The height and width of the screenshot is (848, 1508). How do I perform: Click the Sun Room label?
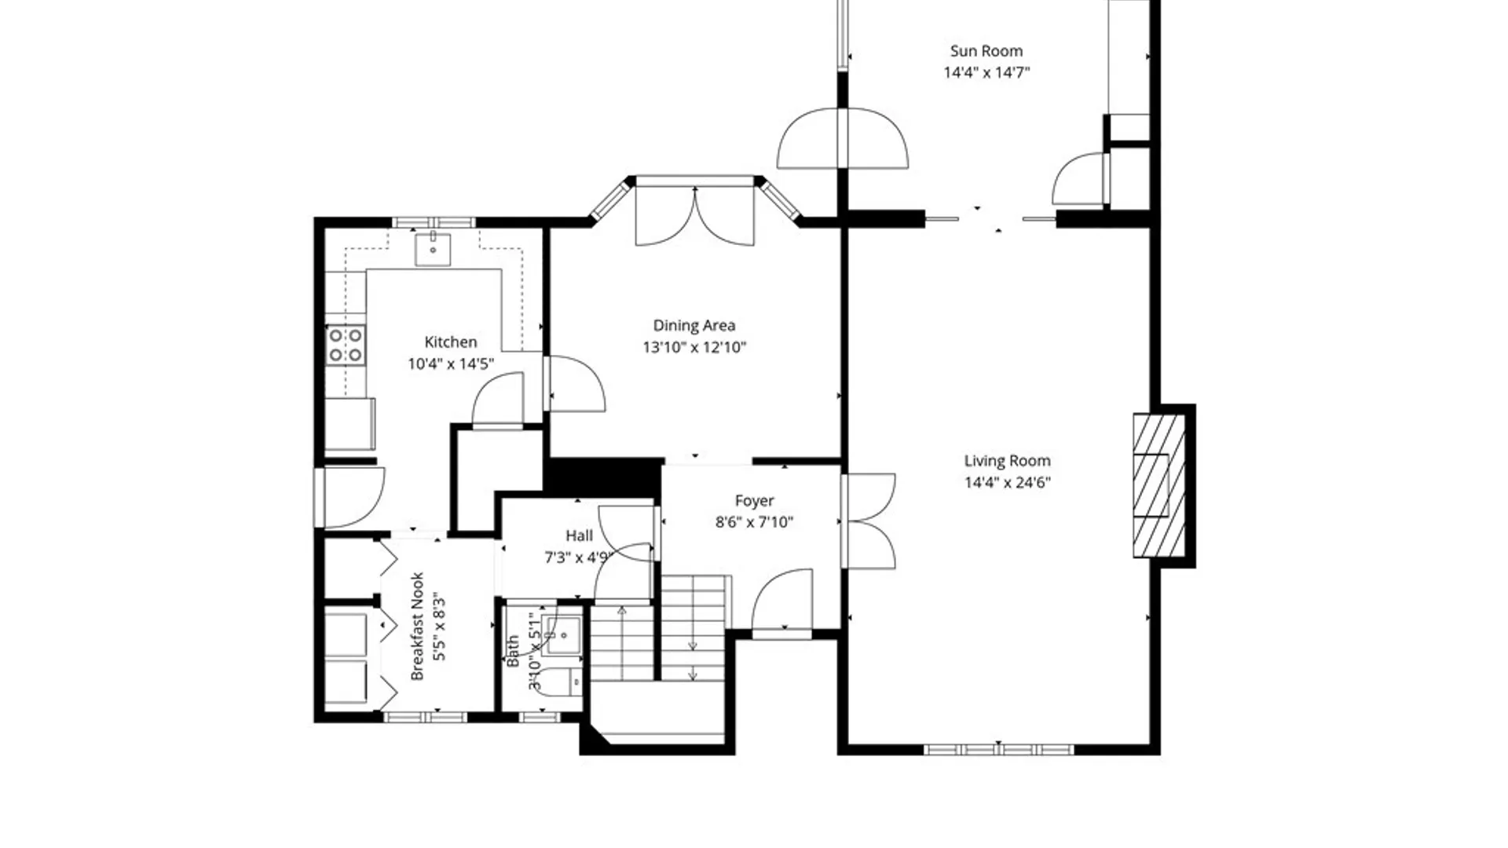point(986,51)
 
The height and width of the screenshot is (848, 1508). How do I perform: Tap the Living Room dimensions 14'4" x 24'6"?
point(1008,482)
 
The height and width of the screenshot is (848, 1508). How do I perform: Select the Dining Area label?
point(694,325)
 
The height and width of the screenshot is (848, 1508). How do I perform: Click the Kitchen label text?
point(451,342)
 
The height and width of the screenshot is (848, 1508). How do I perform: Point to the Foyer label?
point(754,500)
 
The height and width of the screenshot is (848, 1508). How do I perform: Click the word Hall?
point(580,535)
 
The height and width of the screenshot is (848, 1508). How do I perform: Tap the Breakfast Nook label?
point(417,626)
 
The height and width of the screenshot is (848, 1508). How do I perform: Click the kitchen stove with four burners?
point(346,345)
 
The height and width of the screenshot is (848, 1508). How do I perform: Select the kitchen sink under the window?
point(433,249)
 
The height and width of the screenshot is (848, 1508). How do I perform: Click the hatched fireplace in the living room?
point(1159,486)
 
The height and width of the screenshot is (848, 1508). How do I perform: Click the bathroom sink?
point(564,635)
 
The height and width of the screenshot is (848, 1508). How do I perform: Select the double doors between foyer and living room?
point(868,521)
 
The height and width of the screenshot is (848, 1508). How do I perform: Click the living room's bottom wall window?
point(998,750)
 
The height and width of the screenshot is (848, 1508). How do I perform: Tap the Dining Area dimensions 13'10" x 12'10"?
point(694,347)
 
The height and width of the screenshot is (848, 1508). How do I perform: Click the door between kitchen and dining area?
point(576,383)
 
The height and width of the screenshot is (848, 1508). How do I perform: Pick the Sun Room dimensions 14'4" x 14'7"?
point(986,73)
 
